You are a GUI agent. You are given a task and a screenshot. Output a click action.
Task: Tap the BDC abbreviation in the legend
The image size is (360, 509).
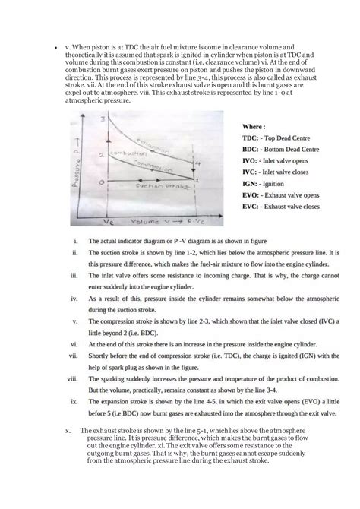point(251,150)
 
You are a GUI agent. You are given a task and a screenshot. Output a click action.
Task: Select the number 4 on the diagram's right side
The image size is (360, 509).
point(197,163)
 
